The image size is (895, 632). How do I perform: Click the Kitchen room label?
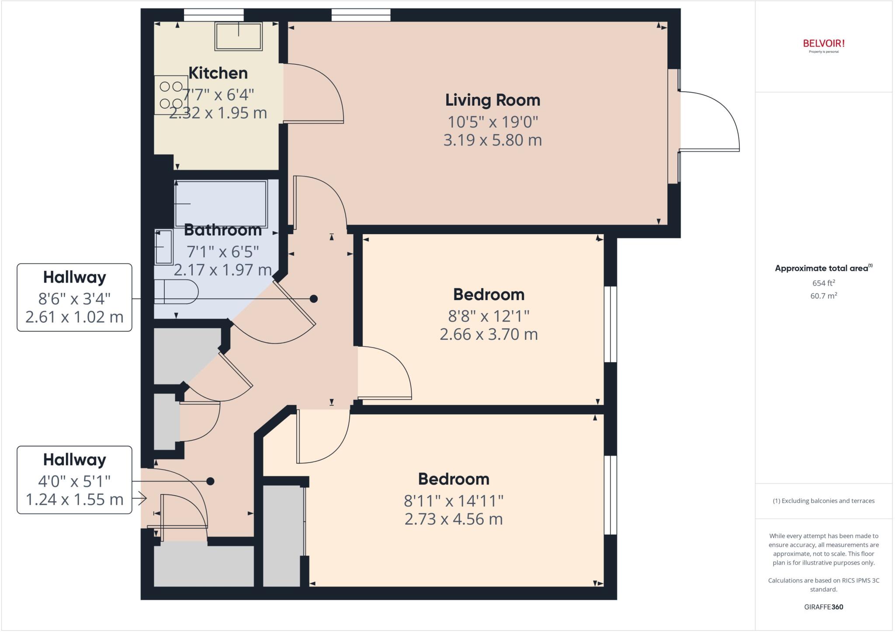pos(218,73)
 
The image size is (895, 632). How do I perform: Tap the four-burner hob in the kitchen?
pos(171,95)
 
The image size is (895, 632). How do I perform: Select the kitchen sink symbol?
pos(238,36)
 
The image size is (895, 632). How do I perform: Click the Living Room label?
pos(493,100)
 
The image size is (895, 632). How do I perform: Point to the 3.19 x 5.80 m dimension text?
pos(493,140)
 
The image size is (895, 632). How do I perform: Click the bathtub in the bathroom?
pos(221,203)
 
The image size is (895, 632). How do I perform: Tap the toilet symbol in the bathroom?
pos(175,292)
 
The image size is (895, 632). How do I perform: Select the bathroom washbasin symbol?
pos(164,247)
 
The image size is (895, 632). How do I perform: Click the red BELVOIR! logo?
pos(824,44)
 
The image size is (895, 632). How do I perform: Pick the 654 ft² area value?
pos(824,283)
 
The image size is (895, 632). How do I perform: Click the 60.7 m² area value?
pos(824,296)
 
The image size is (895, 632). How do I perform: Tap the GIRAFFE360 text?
pos(824,607)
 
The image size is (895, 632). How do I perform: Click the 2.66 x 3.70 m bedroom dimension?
pos(489,334)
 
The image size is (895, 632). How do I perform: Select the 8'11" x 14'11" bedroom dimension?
pos(454,501)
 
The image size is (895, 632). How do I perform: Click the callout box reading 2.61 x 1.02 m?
pos(74,317)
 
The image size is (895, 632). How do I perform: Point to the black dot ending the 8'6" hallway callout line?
pos(313,299)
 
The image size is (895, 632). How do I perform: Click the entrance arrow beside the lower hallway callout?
pos(142,498)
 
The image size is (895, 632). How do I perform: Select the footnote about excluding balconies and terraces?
pos(824,501)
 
